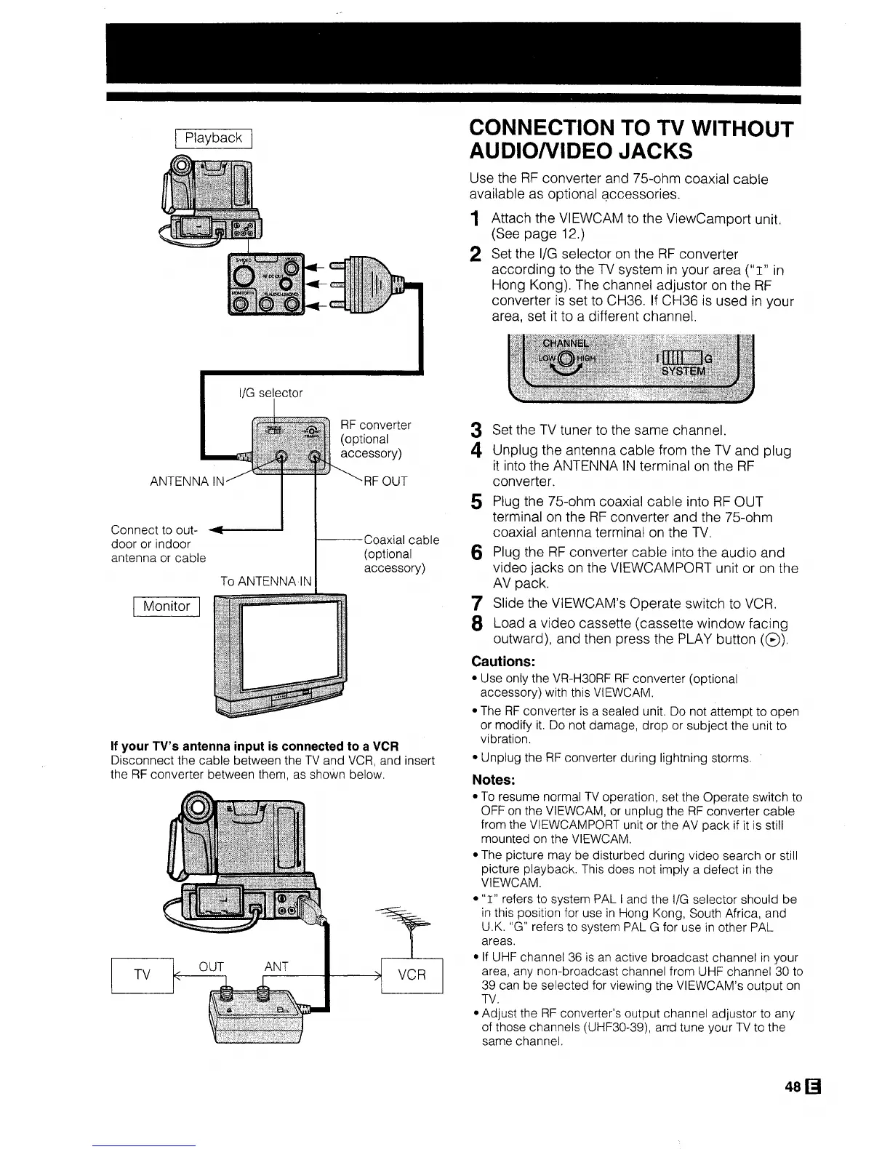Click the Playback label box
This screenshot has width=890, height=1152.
point(212,138)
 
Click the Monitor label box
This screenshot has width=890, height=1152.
point(167,606)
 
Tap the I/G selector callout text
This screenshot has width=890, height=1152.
point(270,393)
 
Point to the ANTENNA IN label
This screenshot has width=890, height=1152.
point(188,481)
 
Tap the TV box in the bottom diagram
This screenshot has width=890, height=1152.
point(143,975)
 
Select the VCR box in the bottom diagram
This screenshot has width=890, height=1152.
point(412,975)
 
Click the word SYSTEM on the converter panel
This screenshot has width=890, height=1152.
point(683,371)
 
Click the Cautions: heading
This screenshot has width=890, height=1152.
point(503,661)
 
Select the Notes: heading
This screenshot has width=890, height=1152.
point(494,780)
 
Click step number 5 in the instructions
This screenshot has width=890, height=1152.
point(476,503)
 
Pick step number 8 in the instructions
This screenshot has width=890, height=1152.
point(476,625)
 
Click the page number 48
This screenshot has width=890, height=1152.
point(793,1087)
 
